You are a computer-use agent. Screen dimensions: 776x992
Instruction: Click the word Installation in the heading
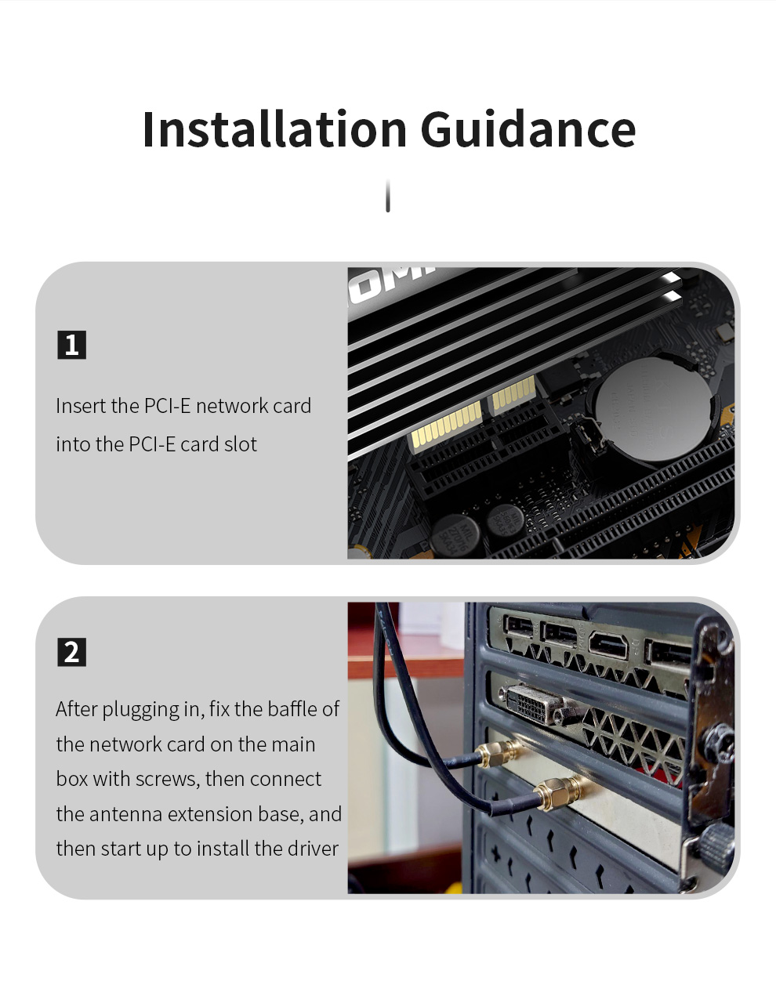point(274,129)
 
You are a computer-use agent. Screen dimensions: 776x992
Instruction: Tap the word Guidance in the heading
point(528,129)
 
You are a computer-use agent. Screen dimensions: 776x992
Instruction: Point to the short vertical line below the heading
point(388,196)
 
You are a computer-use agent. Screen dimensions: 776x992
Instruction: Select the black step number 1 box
point(71,345)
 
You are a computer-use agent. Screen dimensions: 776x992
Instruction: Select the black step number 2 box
point(71,652)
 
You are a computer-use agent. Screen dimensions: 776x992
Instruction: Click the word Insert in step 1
point(81,405)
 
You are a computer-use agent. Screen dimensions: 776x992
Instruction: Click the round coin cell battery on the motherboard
point(655,408)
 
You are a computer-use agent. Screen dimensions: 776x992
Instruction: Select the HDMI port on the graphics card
point(608,646)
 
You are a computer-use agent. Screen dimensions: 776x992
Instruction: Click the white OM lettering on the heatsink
point(390,279)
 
